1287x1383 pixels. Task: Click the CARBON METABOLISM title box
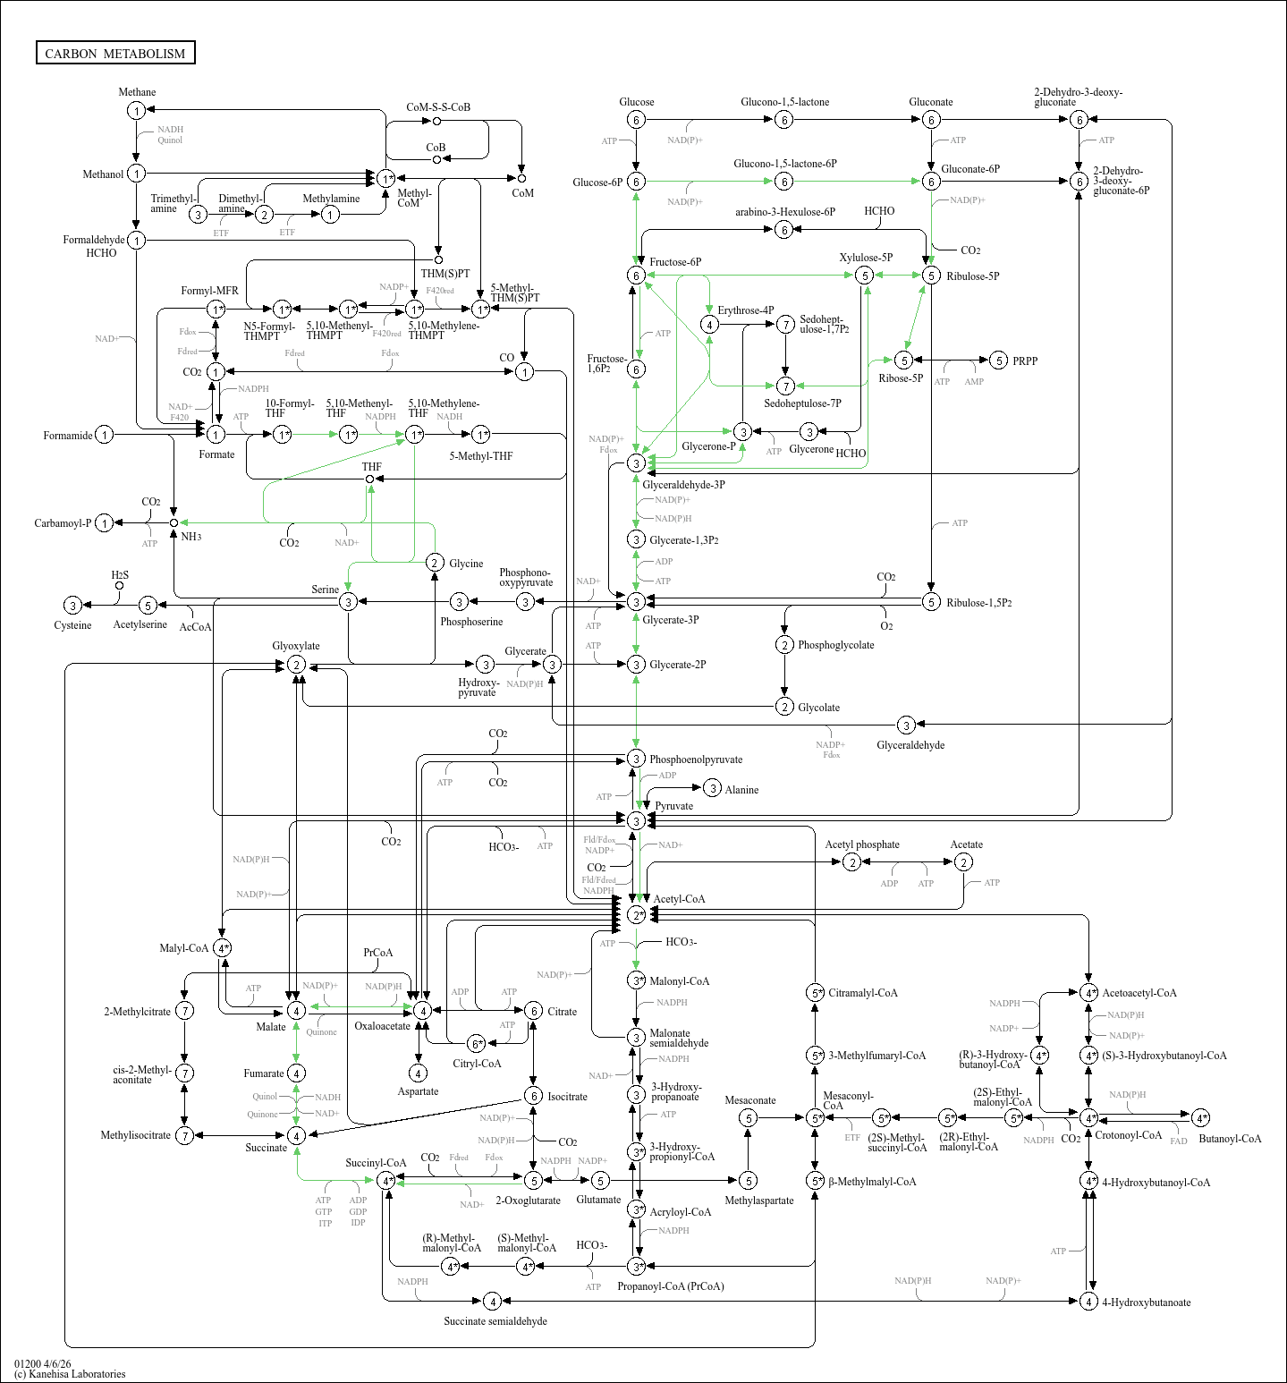(x=115, y=53)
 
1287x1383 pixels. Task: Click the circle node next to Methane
(x=136, y=110)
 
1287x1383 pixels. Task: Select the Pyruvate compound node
(x=636, y=820)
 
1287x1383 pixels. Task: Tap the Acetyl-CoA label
(x=679, y=899)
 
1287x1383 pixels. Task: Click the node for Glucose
(x=636, y=120)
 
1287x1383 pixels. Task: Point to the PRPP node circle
(x=999, y=361)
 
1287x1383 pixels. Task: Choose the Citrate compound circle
(x=533, y=1011)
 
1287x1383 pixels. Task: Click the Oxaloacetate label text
(x=382, y=1026)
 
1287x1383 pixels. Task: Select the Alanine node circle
(x=712, y=788)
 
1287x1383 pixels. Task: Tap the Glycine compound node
(x=435, y=562)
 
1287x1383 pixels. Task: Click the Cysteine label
(x=72, y=625)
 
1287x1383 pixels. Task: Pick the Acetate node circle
(x=963, y=861)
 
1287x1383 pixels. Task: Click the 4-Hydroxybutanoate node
(x=1088, y=1301)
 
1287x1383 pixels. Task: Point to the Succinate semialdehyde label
(x=495, y=1321)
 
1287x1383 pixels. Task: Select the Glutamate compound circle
(x=600, y=1181)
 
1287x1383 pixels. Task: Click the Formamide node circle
(x=105, y=435)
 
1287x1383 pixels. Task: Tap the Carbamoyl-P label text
(x=63, y=523)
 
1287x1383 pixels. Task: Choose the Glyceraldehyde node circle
(x=906, y=725)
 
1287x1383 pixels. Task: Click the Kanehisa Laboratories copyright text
(x=70, y=1374)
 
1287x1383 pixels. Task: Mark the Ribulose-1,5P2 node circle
(x=931, y=602)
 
